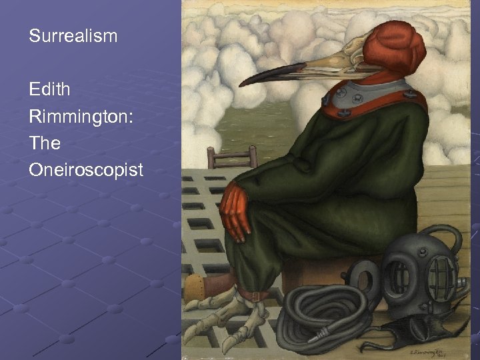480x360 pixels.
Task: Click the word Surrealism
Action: [x=73, y=36]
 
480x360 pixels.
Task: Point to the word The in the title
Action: [x=45, y=143]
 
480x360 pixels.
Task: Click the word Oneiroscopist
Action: [x=86, y=170]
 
